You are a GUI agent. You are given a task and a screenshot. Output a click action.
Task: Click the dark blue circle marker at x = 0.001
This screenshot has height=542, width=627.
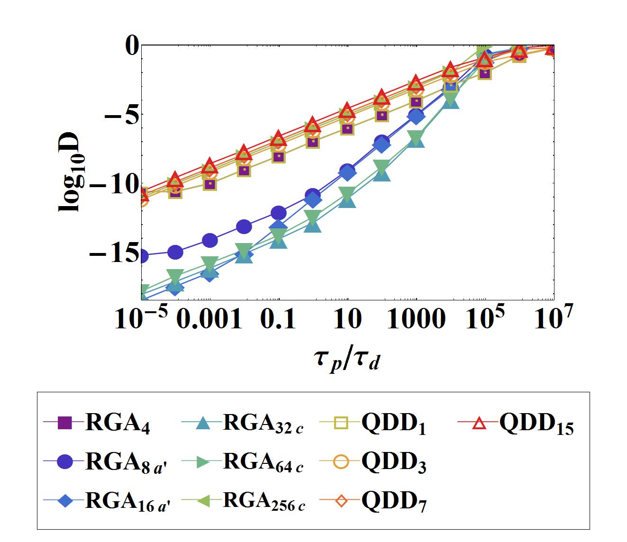point(210,240)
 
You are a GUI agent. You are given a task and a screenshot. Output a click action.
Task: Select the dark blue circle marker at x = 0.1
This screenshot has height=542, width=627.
point(279,213)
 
